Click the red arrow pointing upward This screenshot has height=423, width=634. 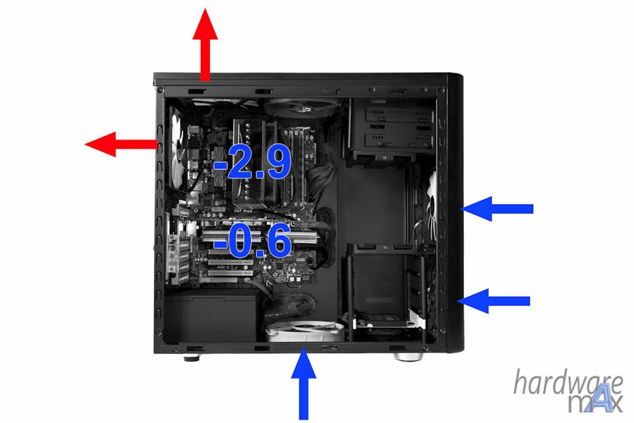coord(205,44)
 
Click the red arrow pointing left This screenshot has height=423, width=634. coord(121,144)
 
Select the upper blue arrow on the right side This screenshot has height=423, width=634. coord(497,209)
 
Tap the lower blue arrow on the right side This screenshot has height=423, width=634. coord(493,301)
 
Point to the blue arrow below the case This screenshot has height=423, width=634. coord(304,384)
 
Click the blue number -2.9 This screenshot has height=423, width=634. coord(252,161)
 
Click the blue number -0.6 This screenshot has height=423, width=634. coord(253,240)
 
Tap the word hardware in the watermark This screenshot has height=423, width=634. coord(568,382)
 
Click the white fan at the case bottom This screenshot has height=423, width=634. coord(305,331)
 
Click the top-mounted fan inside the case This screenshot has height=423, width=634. coord(302,107)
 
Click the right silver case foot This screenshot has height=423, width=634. coord(409,357)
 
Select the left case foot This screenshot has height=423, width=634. coord(191,357)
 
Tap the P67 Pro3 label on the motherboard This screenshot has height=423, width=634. coord(243,211)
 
